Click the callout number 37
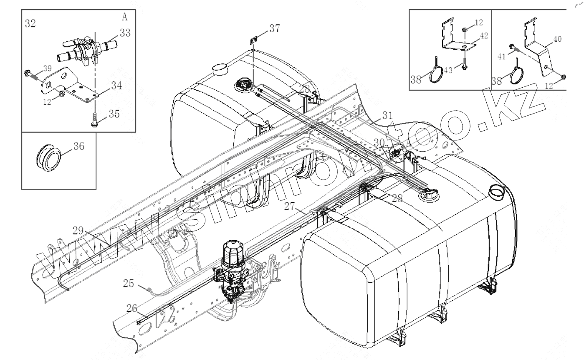pyautogui.click(x=274, y=28)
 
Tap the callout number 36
pyautogui.click(x=79, y=146)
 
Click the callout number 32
pyautogui.click(x=30, y=23)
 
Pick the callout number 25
pyautogui.click(x=129, y=284)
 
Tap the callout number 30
pyautogui.click(x=379, y=142)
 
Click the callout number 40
pyautogui.click(x=557, y=39)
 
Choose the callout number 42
pyautogui.click(x=483, y=35)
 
